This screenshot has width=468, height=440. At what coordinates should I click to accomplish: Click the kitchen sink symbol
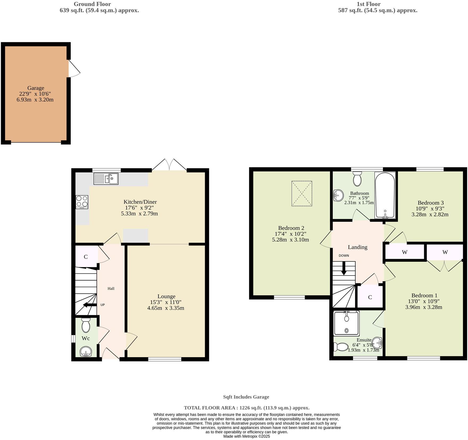coord(106,179)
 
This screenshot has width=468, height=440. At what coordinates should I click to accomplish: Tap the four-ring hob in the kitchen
coord(82,202)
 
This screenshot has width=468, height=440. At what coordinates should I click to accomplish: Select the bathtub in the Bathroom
coord(385,195)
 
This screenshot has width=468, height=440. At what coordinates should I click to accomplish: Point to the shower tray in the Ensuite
coord(346,323)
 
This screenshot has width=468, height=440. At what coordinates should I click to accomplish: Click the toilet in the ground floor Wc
coord(86,325)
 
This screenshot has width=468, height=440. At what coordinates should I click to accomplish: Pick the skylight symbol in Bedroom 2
coord(302,193)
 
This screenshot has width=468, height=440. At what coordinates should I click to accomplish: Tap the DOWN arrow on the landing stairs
coord(344,268)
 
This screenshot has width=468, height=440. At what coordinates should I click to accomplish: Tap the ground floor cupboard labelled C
coord(86,257)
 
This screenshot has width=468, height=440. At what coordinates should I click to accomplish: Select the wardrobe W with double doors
coord(445,252)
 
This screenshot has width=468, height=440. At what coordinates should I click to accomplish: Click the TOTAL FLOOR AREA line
coord(246,408)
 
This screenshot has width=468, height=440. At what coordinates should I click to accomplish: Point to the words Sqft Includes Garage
coord(246,397)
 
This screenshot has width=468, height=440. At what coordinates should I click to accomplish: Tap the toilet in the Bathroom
coord(357,179)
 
